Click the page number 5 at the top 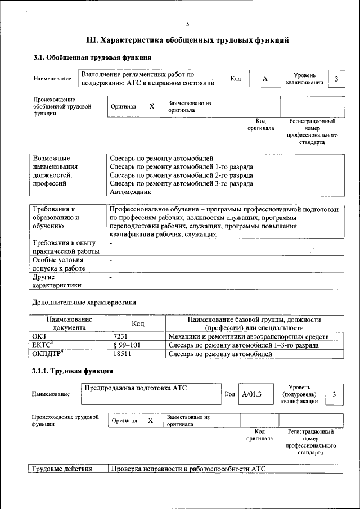(x=188, y=24)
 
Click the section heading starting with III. (x=187, y=40)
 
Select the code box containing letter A (x=264, y=79)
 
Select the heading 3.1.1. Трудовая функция (x=73, y=371)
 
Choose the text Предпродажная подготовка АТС (x=135, y=388)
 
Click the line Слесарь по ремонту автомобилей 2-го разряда (x=181, y=175)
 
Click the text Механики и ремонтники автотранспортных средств (x=248, y=336)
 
